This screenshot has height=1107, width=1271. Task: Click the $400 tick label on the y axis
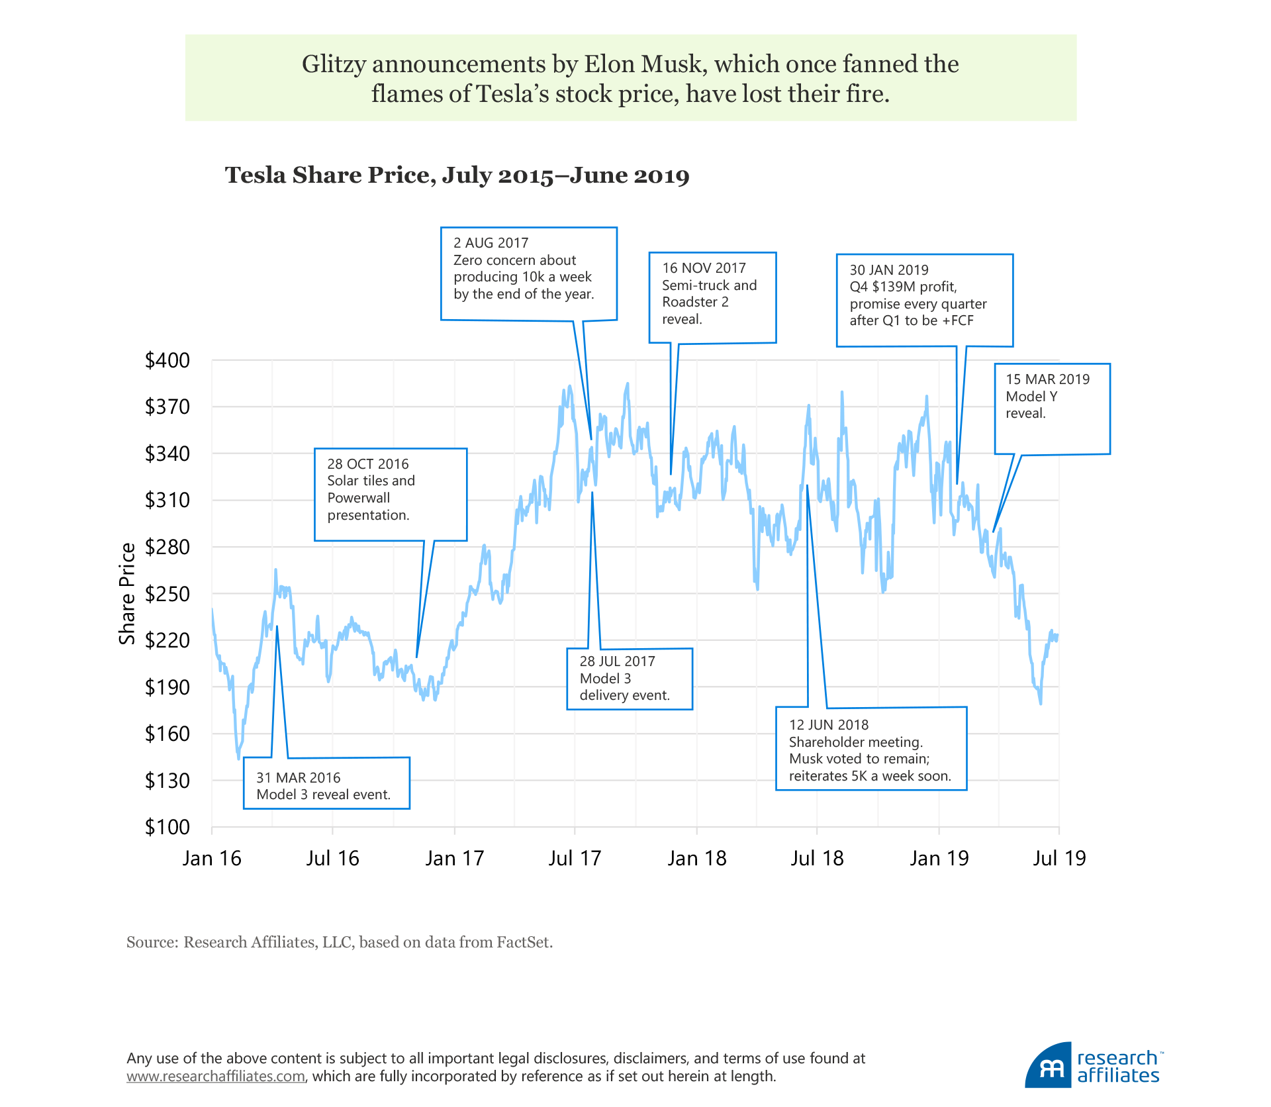pyautogui.click(x=167, y=361)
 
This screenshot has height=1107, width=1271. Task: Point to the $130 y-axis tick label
pyautogui.click(x=167, y=781)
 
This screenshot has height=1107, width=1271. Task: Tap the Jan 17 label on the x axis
pyautogui.click(x=454, y=859)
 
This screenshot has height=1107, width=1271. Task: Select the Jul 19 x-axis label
pyautogui.click(x=1059, y=859)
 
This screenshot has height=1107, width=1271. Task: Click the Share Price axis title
pyautogui.click(x=127, y=593)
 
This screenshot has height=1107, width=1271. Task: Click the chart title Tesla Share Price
pyautogui.click(x=457, y=175)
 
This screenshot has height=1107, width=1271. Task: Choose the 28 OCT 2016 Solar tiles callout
pyautogui.click(x=390, y=495)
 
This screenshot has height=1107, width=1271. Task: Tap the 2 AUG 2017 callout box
pyautogui.click(x=528, y=273)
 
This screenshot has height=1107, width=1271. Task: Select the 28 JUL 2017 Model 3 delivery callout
pyautogui.click(x=629, y=679)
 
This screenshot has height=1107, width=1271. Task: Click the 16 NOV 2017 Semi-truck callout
pyautogui.click(x=712, y=297)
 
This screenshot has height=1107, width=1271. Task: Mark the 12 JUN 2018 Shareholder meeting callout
pyautogui.click(x=871, y=749)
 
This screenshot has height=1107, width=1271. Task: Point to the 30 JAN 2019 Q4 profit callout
pyautogui.click(x=924, y=300)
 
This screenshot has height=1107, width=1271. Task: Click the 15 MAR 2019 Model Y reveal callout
pyautogui.click(x=1051, y=408)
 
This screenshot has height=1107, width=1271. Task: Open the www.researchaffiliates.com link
pyautogui.click(x=216, y=1077)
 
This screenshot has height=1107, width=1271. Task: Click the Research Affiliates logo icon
pyautogui.click(x=1048, y=1065)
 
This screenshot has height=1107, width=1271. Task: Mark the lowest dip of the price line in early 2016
pyautogui.click(x=238, y=757)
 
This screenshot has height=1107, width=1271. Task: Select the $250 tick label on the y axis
pyautogui.click(x=167, y=594)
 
